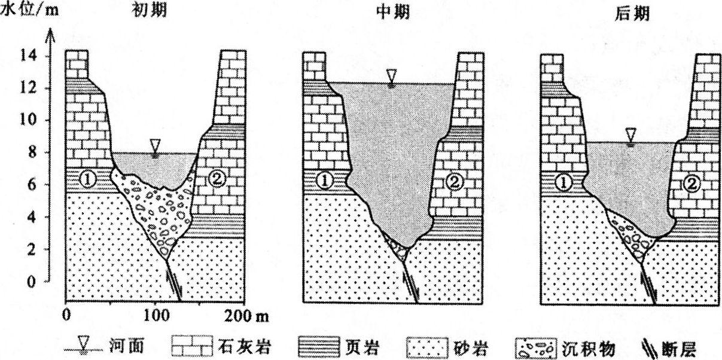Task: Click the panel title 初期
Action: click(149, 11)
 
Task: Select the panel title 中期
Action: click(392, 13)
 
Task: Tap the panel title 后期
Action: click(632, 14)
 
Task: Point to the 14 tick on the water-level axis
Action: click(29, 56)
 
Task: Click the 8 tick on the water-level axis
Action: click(32, 152)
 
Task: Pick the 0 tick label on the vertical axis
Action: click(31, 282)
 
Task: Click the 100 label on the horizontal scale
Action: click(156, 315)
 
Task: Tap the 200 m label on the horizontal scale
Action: click(246, 316)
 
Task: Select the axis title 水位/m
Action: click(30, 11)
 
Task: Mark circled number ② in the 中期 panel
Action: click(455, 182)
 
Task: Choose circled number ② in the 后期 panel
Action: click(691, 184)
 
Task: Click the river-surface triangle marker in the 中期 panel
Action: click(391, 77)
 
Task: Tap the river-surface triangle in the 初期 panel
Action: click(156, 147)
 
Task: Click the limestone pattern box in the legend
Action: click(192, 347)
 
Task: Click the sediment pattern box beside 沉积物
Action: click(536, 348)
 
